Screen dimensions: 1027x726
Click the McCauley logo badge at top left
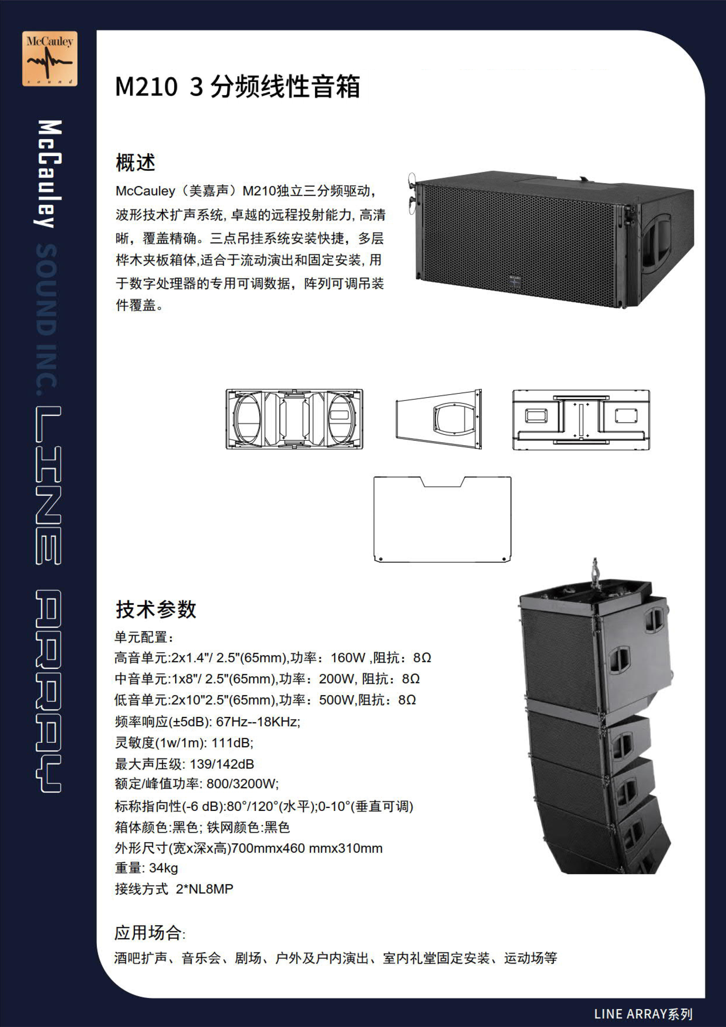coord(50,59)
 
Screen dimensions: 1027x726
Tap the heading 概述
coord(135,162)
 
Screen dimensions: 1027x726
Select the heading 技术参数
coord(156,609)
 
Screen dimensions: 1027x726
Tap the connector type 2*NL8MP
coord(204,889)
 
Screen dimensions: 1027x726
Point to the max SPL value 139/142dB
coord(222,764)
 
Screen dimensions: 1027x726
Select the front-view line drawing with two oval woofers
coord(294,419)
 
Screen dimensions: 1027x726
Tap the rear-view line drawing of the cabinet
coord(581,419)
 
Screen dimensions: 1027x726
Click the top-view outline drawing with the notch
coord(442,519)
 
